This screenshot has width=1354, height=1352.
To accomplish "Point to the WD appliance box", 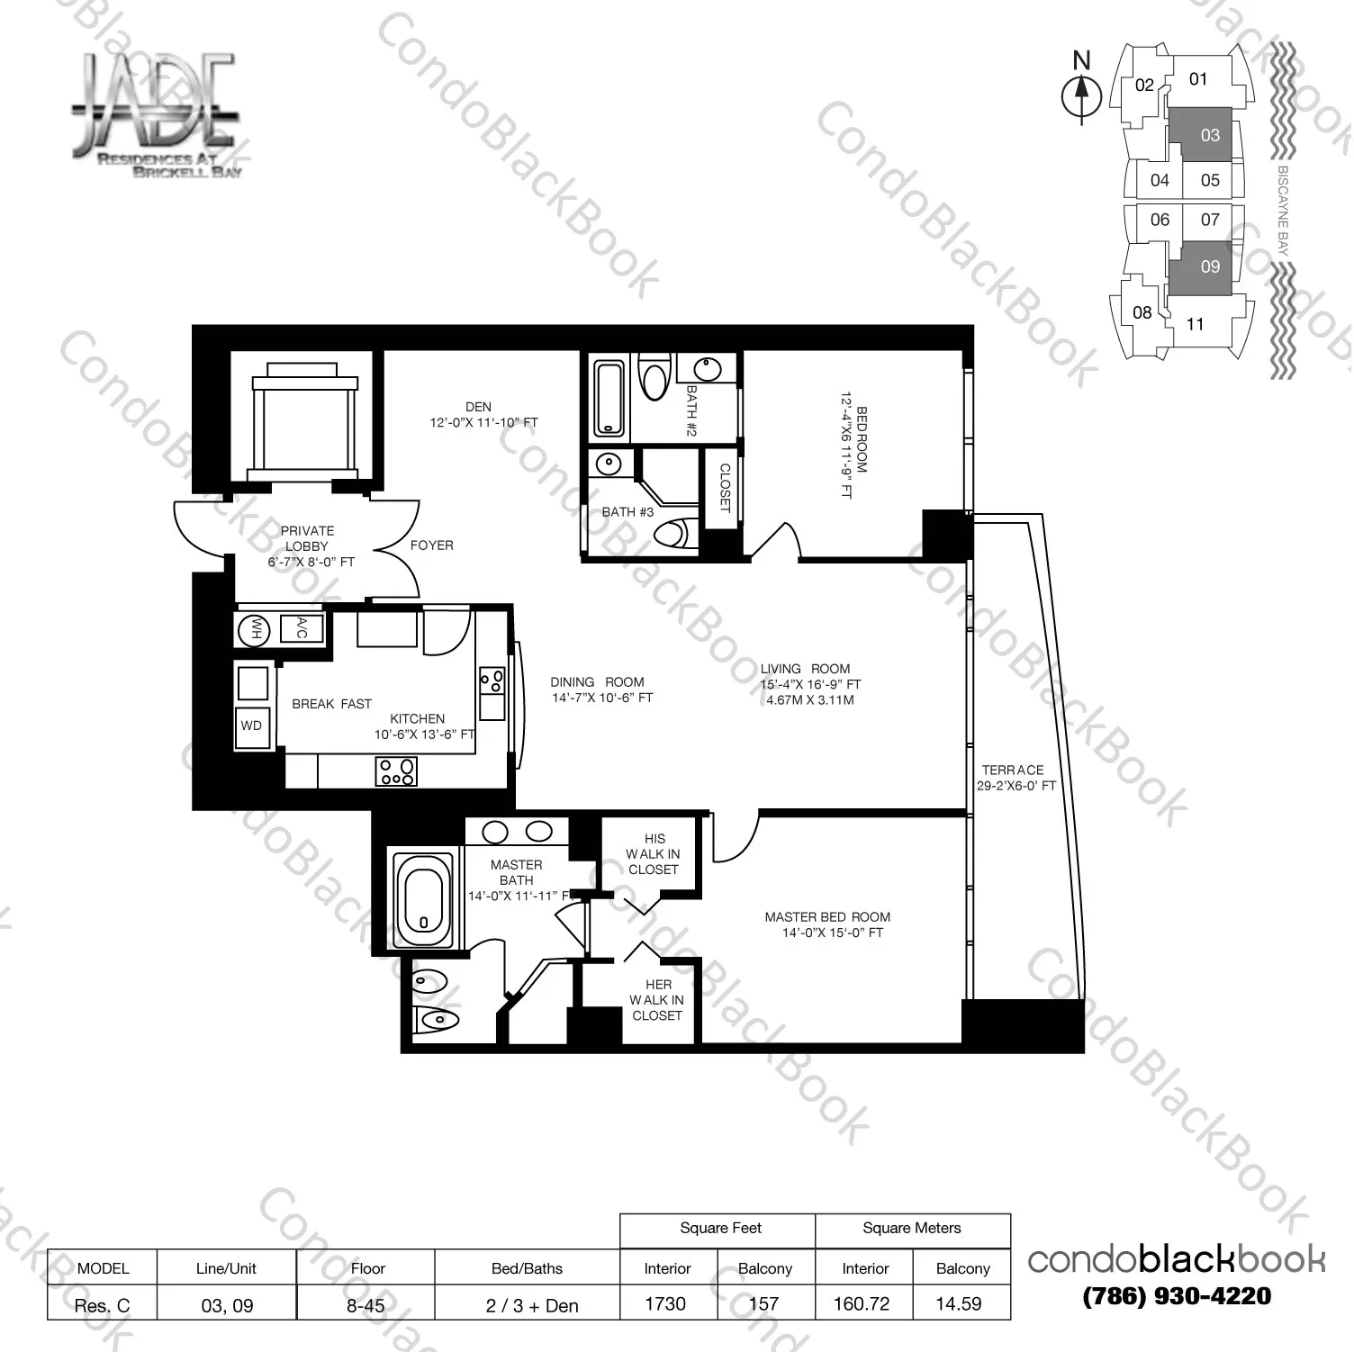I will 251,726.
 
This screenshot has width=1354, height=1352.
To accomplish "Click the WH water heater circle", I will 254,630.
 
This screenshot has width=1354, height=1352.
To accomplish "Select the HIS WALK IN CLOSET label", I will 654,853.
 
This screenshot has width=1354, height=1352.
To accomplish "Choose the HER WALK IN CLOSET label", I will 656,1000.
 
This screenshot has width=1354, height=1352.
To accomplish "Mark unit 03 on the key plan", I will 1209,135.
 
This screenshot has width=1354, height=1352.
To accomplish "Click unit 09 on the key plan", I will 1209,266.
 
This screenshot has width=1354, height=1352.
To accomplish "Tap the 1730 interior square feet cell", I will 666,1303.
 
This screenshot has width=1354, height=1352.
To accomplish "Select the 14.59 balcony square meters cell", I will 959,1303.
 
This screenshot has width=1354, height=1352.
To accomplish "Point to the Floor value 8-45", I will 366,1304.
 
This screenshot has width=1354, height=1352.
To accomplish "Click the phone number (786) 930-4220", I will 1176,1296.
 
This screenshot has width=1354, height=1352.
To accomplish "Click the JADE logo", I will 155,113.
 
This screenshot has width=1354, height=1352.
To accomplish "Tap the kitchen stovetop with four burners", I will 396,771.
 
